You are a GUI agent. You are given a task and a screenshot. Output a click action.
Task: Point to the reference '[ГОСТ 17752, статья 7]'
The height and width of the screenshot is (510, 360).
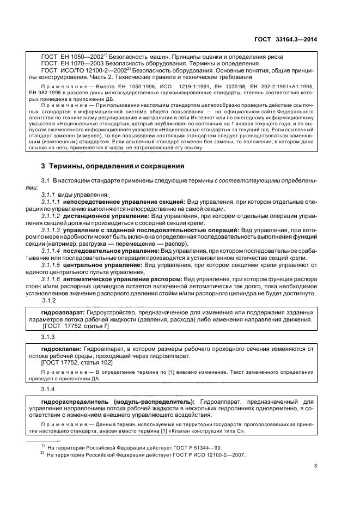pos(76,326)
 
